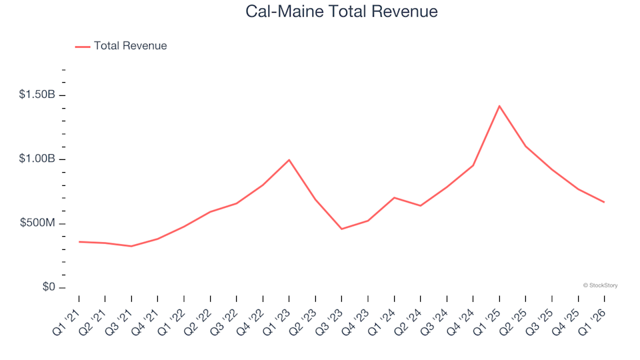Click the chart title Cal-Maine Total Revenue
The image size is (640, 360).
tap(341, 11)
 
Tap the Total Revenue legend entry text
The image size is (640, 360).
tap(130, 46)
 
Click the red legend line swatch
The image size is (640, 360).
tap(82, 47)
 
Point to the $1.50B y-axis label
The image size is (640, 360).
tap(37, 95)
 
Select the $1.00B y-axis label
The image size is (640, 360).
tap(37, 159)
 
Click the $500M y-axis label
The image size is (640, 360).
tap(39, 223)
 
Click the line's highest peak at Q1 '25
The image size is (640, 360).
tap(499, 106)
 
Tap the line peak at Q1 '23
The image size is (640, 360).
tap(289, 160)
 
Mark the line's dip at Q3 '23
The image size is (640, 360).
tap(341, 229)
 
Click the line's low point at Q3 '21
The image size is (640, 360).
tap(131, 246)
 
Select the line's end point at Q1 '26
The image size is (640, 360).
tap(604, 202)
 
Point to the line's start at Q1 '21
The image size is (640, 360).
tap(79, 241)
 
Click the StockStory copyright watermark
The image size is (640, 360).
tap(600, 285)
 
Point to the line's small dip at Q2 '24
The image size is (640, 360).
tap(420, 205)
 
